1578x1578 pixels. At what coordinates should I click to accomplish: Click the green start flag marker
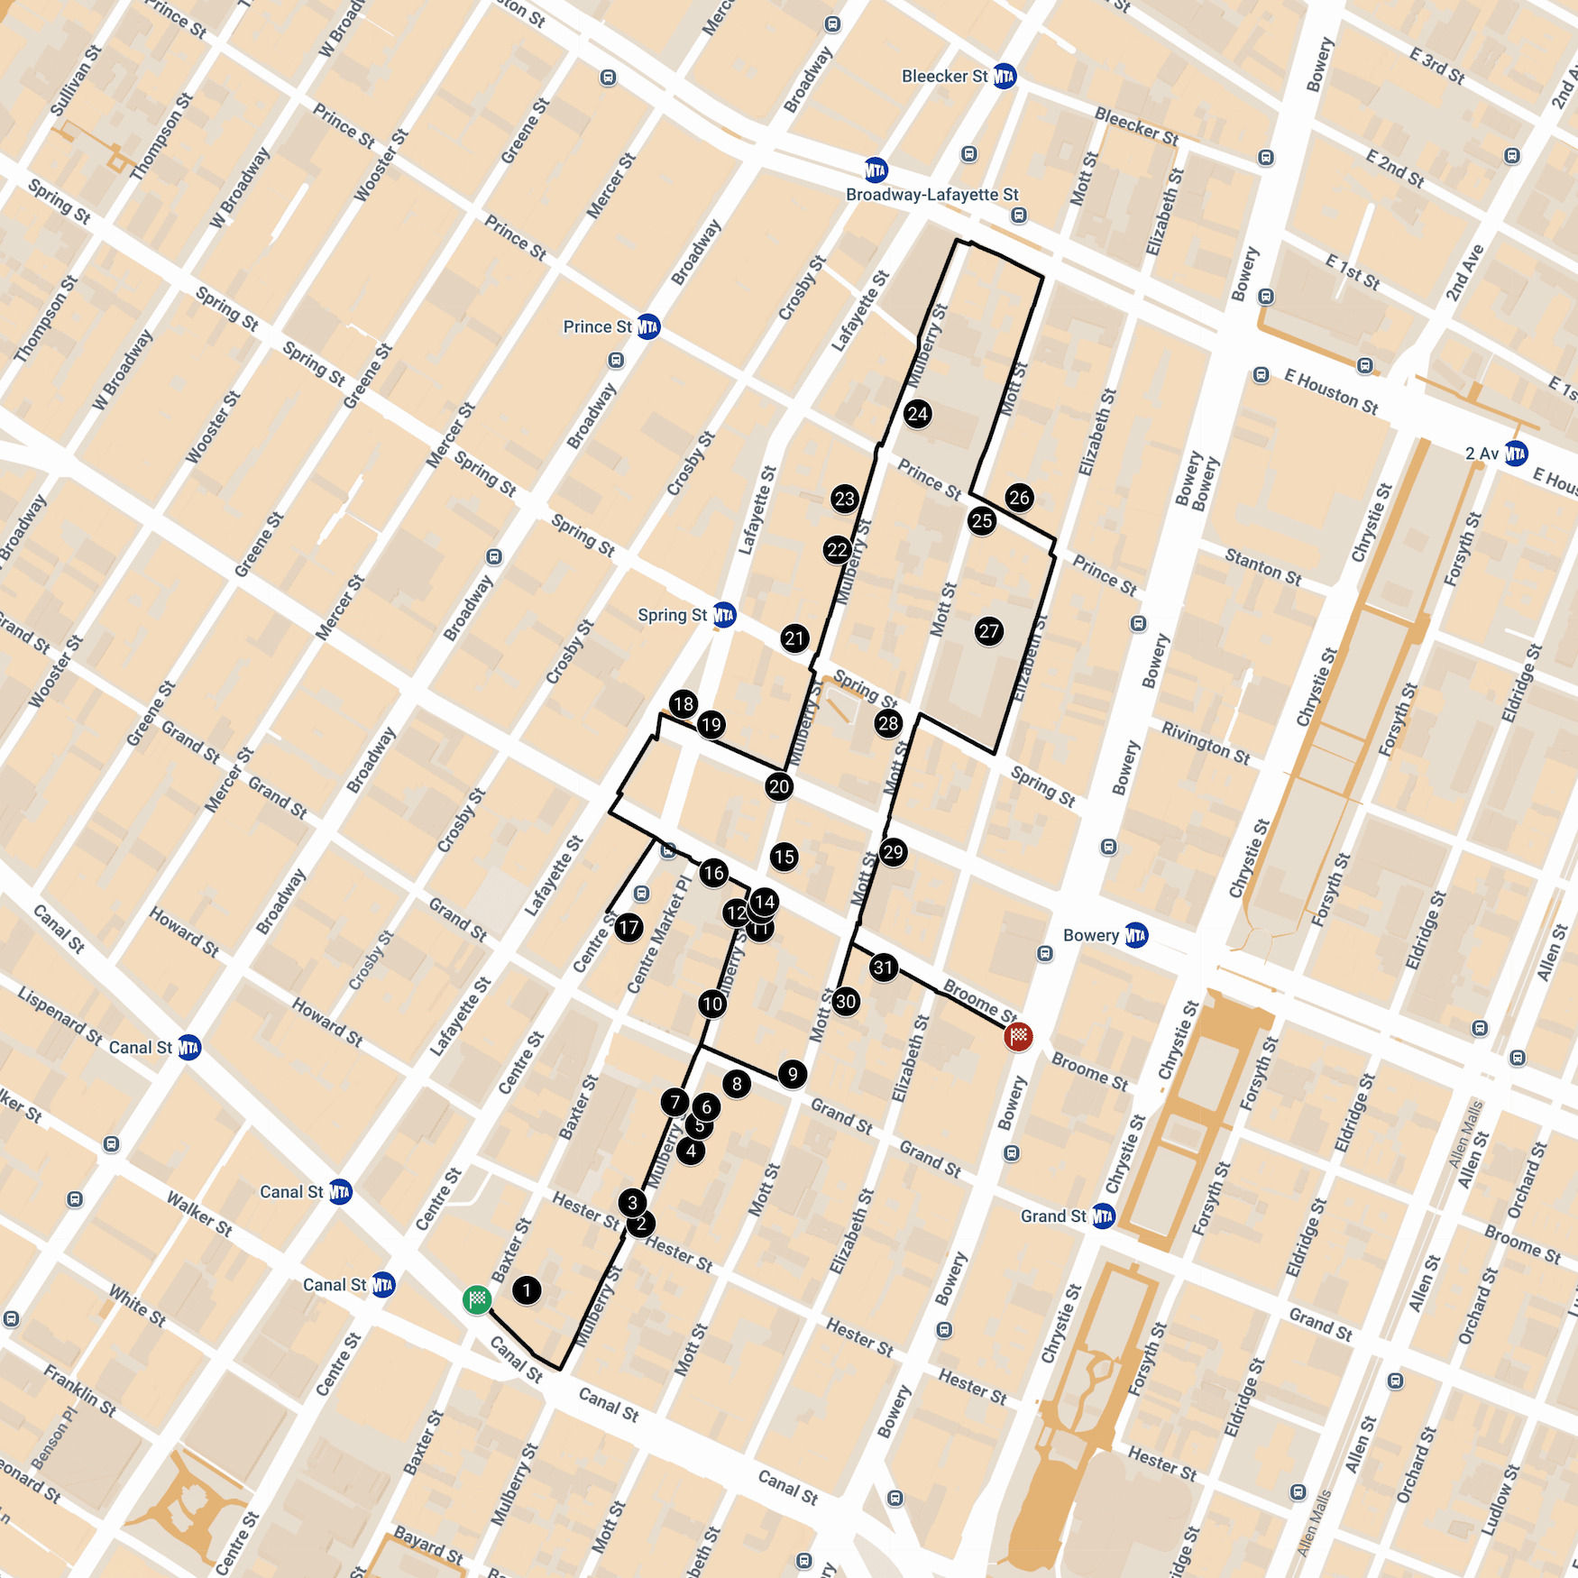[477, 1299]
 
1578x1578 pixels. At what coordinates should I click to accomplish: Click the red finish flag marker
[1018, 1037]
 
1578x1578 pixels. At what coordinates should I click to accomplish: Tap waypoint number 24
[918, 414]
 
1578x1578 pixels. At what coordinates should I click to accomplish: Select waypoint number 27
[989, 631]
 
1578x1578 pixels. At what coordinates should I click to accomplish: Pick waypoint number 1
[527, 1289]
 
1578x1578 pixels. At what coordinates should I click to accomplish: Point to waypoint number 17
[628, 926]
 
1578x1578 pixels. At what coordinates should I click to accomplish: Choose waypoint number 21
[794, 638]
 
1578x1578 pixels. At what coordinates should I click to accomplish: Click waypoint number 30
[846, 1001]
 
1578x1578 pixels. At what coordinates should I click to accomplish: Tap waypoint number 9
[793, 1074]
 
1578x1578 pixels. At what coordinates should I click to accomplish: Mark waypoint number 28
[888, 723]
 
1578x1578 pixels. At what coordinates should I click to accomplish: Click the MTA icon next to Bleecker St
[1005, 77]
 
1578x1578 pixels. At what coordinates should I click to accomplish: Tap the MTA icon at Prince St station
[648, 326]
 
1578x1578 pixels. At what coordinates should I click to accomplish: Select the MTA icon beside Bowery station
[1136, 935]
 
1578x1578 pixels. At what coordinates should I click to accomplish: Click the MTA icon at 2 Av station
[1516, 453]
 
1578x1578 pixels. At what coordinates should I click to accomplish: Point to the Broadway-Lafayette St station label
[931, 195]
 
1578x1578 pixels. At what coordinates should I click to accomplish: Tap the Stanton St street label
[1262, 566]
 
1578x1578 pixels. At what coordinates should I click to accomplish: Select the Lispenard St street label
[60, 1015]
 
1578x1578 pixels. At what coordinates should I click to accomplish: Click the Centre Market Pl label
[658, 933]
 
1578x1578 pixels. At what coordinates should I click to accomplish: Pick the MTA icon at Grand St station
[1104, 1216]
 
